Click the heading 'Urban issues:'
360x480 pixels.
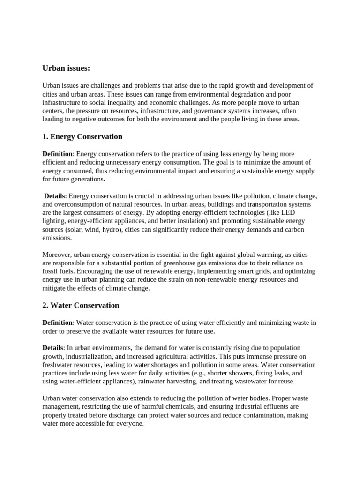66,68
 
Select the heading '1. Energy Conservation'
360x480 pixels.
82,137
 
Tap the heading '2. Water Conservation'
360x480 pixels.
81,305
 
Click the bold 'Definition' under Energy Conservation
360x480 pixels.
57,154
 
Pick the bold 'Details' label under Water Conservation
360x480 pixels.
53,348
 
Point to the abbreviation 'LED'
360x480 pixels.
299,213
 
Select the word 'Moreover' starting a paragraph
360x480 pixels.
57,255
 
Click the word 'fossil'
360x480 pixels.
49,271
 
